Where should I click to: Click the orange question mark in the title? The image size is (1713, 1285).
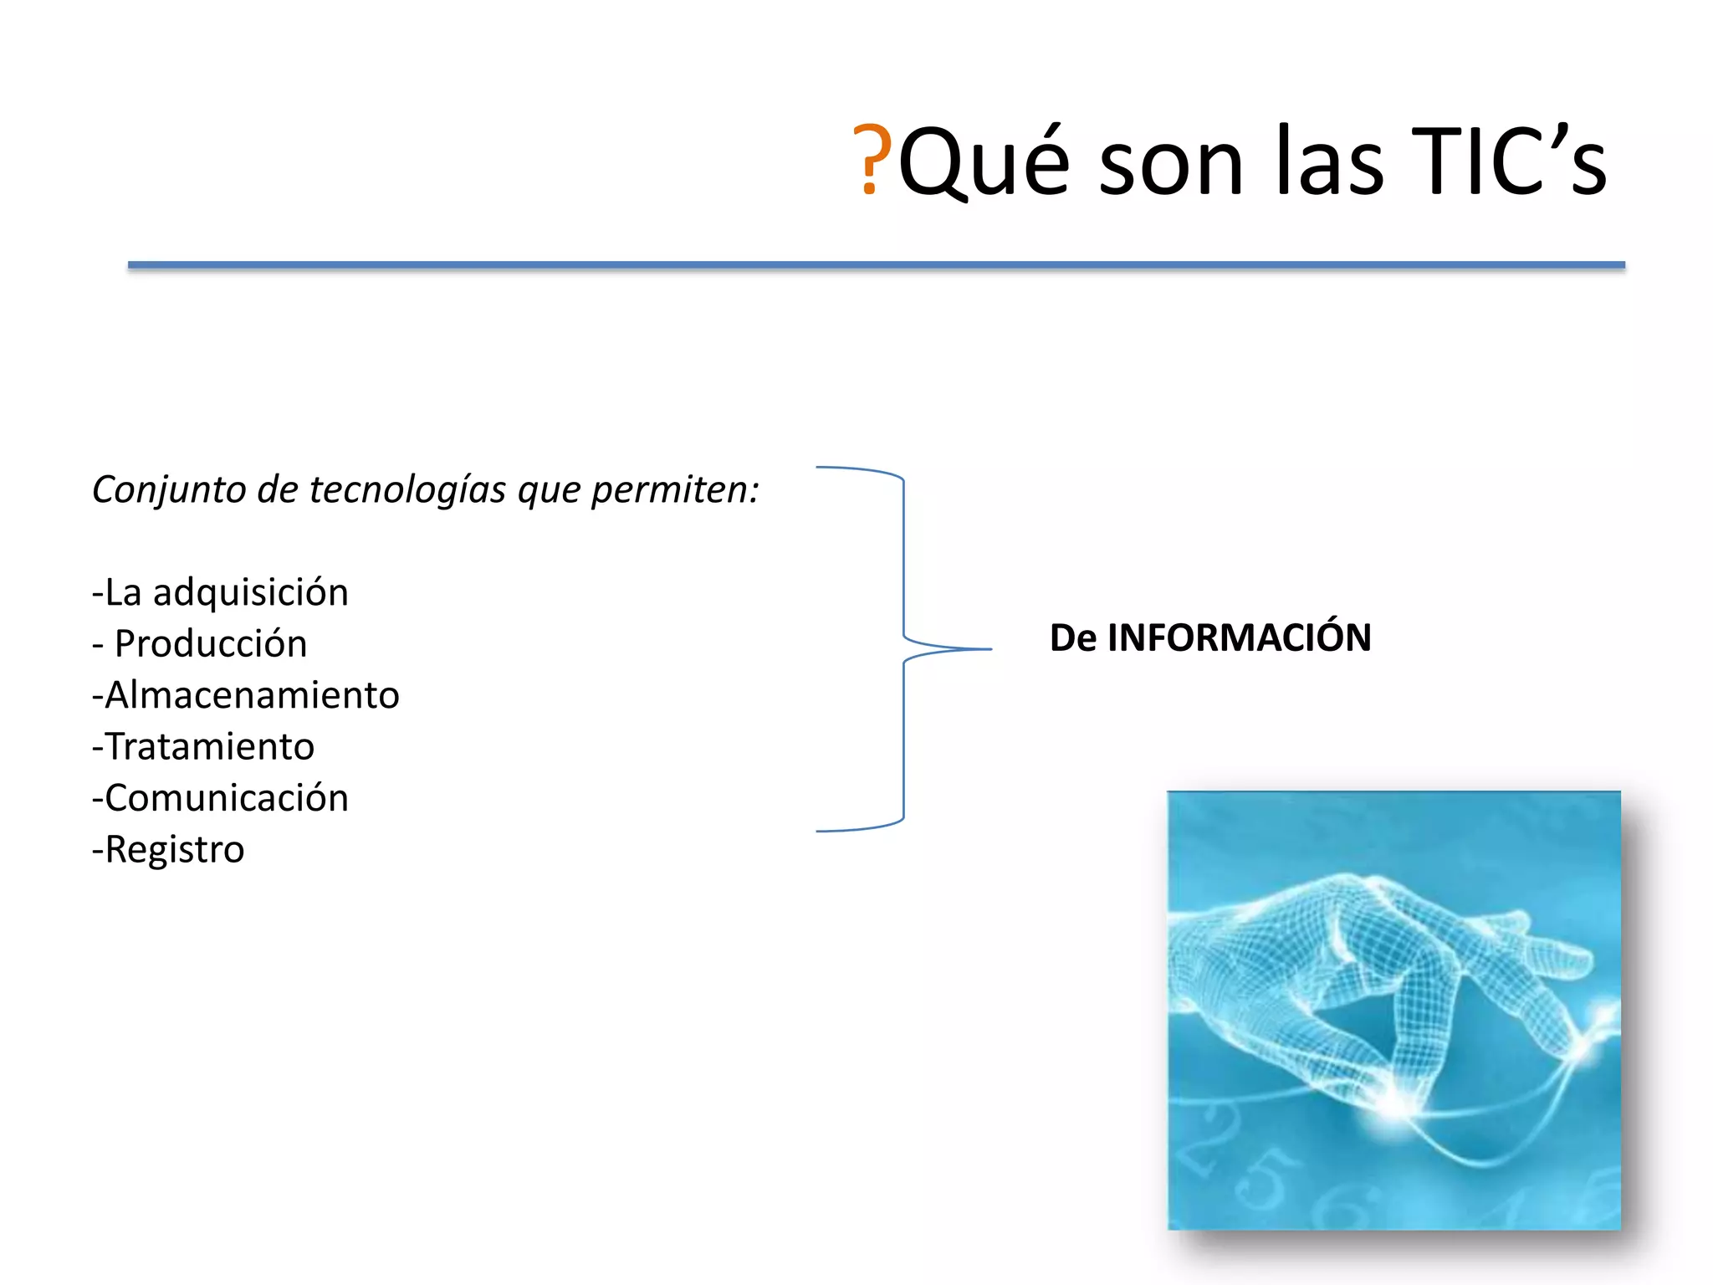(x=872, y=160)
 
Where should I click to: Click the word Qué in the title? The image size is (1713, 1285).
(x=984, y=163)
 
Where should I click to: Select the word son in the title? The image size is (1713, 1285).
(x=1171, y=167)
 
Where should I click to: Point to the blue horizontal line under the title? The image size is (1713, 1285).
(x=876, y=265)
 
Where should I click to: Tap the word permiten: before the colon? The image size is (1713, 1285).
(x=674, y=489)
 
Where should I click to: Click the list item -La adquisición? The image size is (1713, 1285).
(x=220, y=593)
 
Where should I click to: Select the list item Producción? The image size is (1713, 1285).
(x=210, y=644)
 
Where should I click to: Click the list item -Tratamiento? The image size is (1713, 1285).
(x=203, y=747)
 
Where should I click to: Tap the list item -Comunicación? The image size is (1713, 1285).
(x=220, y=798)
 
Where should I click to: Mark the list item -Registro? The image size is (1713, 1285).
(x=168, y=850)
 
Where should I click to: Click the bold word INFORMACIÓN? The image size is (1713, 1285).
(x=1239, y=637)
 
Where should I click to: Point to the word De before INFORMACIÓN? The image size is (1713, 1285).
(x=1072, y=637)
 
